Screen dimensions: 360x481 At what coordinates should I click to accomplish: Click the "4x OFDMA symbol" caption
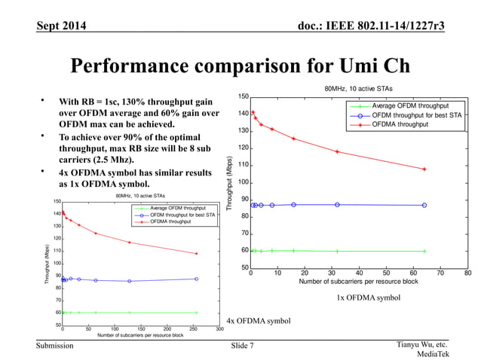tap(259, 322)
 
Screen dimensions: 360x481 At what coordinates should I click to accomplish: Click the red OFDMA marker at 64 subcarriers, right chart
tap(424, 169)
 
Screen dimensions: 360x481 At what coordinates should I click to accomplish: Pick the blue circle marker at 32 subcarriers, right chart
tap(338, 205)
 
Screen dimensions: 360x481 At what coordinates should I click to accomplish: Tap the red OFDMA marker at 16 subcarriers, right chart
tap(294, 139)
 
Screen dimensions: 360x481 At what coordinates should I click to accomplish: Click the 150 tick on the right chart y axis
tap(243, 96)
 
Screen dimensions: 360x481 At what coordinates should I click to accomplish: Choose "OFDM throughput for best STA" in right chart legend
tap(417, 115)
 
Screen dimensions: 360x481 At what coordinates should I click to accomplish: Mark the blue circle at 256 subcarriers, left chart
tap(197, 279)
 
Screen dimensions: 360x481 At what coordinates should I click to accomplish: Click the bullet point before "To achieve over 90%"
tap(44, 138)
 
